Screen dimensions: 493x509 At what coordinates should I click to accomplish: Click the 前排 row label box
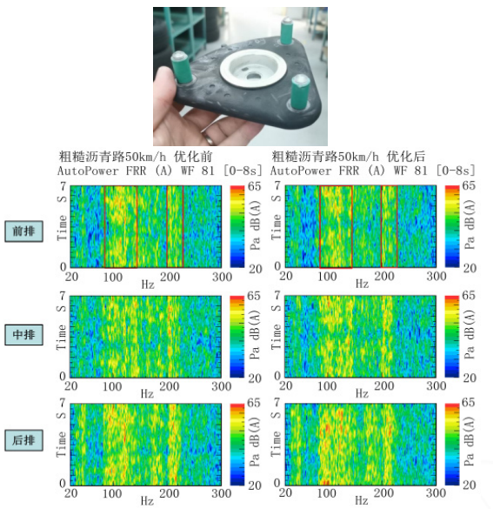pyautogui.click(x=23, y=231)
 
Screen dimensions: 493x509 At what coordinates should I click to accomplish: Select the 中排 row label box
pyautogui.click(x=23, y=334)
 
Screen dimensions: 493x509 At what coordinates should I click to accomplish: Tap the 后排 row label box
pyautogui.click(x=23, y=440)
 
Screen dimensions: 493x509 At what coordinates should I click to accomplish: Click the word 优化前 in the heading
pyautogui.click(x=193, y=157)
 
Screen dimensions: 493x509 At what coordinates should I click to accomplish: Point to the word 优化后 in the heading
pyautogui.click(x=406, y=157)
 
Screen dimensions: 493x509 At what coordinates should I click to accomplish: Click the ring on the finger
pyautogui.click(x=210, y=138)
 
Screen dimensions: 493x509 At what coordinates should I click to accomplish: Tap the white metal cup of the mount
pyautogui.click(x=253, y=69)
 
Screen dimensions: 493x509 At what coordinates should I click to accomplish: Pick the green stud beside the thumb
pyautogui.click(x=182, y=68)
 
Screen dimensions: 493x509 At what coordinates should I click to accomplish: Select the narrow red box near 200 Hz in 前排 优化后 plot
pyautogui.click(x=390, y=226)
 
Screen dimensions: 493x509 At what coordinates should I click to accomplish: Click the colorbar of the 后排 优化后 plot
pyautogui.click(x=452, y=444)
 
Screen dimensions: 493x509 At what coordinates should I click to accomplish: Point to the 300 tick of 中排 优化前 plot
pyautogui.click(x=222, y=386)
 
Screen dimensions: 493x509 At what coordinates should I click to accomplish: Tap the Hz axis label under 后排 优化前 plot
pyautogui.click(x=147, y=501)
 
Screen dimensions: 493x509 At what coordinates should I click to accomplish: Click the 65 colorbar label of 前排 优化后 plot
pyautogui.click(x=469, y=185)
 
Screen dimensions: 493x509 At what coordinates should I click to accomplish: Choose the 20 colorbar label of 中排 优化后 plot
pyautogui.click(x=470, y=378)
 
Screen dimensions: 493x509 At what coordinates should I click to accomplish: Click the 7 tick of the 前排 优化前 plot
pyautogui.click(x=63, y=186)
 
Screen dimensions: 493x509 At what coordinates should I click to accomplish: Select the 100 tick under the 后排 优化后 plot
pyautogui.click(x=326, y=493)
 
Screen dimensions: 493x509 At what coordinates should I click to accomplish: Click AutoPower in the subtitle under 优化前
pyautogui.click(x=88, y=171)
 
